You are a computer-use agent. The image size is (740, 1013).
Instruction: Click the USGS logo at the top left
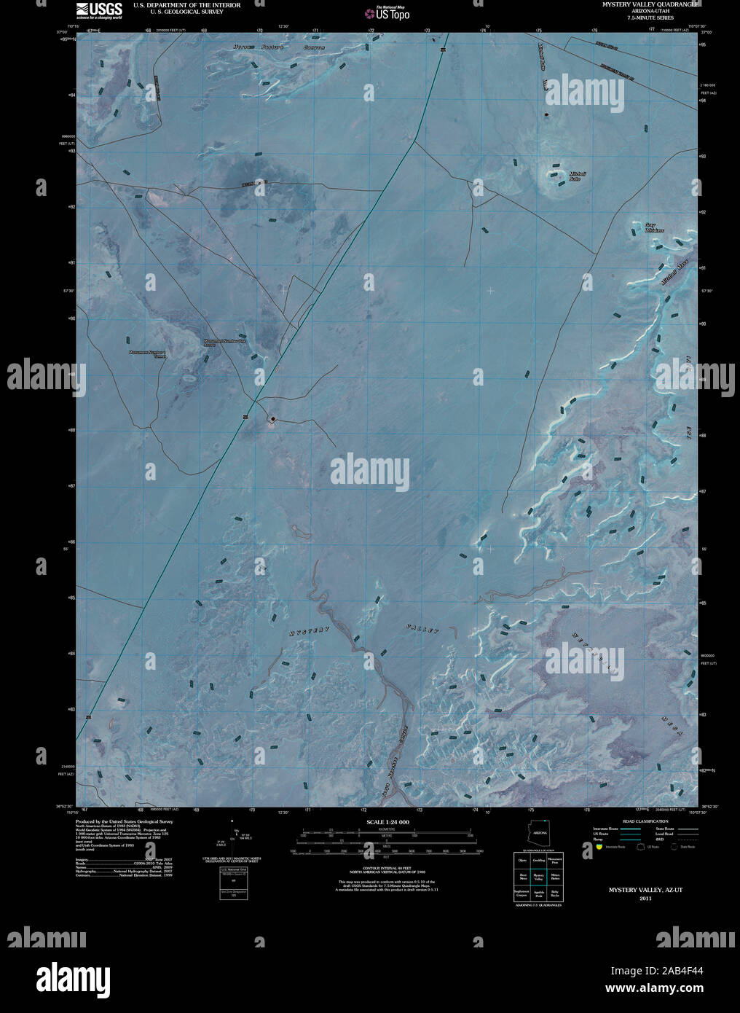click(98, 9)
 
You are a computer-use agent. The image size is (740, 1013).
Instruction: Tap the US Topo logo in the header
click(386, 12)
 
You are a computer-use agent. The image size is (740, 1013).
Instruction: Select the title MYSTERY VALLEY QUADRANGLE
click(650, 4)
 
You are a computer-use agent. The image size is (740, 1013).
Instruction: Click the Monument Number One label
click(224, 342)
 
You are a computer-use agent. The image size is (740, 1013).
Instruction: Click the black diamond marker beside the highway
click(272, 418)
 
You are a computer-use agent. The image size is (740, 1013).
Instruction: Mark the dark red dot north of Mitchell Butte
click(546, 114)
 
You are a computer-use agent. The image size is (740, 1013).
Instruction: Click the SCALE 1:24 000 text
click(387, 822)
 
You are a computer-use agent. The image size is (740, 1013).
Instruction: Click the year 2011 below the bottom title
click(646, 899)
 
